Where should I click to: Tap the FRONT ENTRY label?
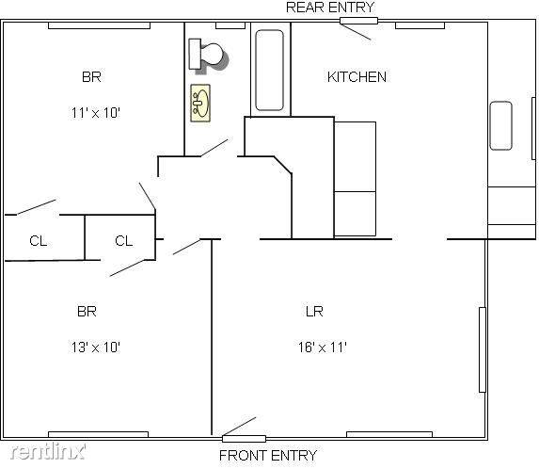point(268,456)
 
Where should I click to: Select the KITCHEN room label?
point(357,76)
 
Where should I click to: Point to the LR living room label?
point(314,311)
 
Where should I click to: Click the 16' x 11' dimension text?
point(322,347)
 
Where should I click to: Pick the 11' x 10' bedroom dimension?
point(95,112)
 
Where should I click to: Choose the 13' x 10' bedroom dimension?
point(94,347)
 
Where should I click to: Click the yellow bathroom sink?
point(200,102)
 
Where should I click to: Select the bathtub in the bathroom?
point(270,72)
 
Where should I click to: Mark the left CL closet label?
point(38,241)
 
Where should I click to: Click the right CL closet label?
point(123,241)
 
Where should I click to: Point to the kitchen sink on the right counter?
point(500,125)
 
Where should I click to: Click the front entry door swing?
point(239,427)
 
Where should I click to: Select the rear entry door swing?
point(357,28)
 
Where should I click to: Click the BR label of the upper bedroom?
point(91,76)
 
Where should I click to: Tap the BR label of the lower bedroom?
point(87,311)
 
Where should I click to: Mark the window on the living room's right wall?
point(483,349)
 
